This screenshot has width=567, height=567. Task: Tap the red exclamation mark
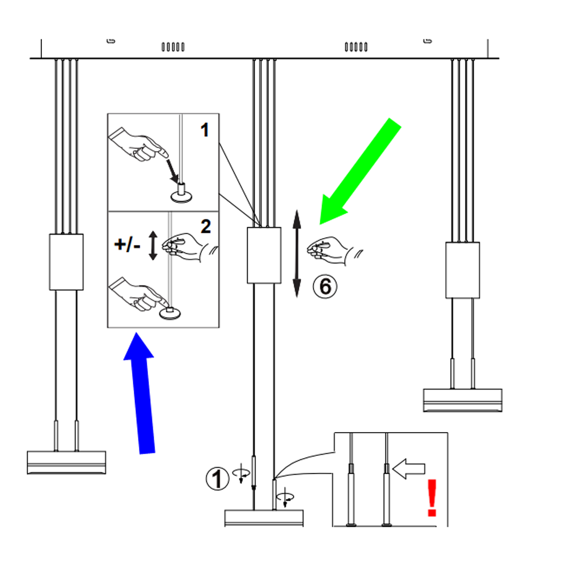(432, 497)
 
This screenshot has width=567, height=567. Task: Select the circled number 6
(325, 286)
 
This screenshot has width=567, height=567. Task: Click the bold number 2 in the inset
(205, 226)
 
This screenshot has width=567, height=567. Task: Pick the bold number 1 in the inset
(205, 130)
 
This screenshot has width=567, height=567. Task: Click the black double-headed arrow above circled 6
(296, 253)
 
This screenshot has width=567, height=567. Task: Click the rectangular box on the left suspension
(66, 262)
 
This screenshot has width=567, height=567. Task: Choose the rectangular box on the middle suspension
(264, 255)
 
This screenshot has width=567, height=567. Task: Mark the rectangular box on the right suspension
(463, 270)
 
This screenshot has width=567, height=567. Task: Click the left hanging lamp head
(66, 462)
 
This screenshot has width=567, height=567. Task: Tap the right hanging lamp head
(463, 400)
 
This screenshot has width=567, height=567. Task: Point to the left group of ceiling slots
(173, 46)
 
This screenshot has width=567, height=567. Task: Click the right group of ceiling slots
(356, 46)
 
